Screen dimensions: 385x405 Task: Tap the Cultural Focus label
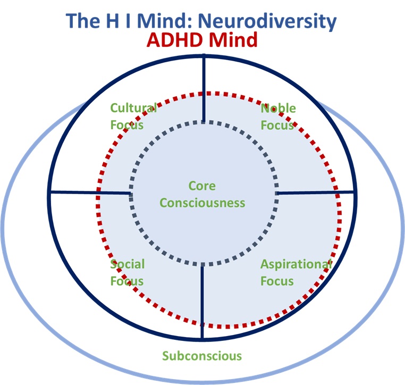[x=133, y=116]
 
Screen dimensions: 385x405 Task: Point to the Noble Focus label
[x=278, y=117]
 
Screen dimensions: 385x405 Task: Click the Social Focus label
[x=128, y=272]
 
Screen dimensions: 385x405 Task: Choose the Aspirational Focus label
[x=296, y=272]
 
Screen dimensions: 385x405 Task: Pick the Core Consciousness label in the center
[x=203, y=194]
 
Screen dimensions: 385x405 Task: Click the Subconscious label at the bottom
[x=202, y=356]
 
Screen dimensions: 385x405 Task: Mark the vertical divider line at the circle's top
[x=204, y=88]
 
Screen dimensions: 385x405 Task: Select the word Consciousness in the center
[x=203, y=203]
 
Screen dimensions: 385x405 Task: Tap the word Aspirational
[x=296, y=264]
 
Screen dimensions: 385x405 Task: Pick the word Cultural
[x=133, y=108]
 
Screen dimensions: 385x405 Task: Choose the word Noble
[x=278, y=108]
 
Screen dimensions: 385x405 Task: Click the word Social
[x=128, y=264]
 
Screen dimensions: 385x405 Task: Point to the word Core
[x=203, y=186]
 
